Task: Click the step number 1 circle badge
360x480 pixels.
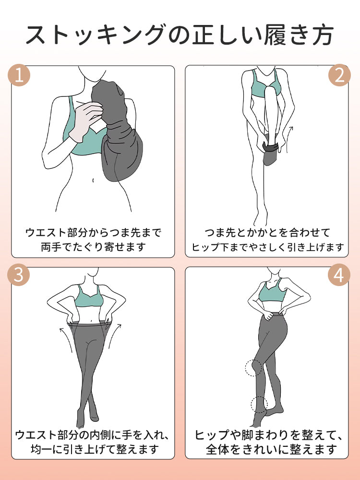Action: point(20,76)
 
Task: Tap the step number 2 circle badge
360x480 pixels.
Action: point(340,76)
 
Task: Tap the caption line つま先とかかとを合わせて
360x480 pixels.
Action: point(268,233)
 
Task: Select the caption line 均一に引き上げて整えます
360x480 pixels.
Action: point(93,450)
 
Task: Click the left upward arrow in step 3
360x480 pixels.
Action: point(63,336)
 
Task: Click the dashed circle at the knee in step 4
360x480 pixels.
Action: point(253,368)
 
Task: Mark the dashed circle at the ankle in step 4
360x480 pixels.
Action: point(260,404)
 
